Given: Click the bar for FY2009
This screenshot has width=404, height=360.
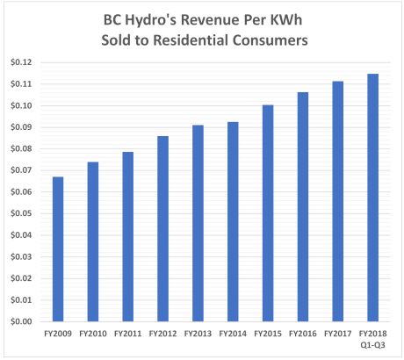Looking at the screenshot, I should (x=58, y=249).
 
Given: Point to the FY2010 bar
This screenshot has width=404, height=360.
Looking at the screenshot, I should (x=92, y=241).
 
